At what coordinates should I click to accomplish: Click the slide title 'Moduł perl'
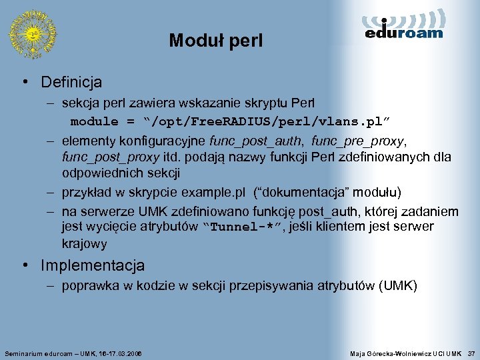pyautogui.click(x=216, y=41)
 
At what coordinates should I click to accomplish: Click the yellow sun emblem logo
pyautogui.click(x=32, y=33)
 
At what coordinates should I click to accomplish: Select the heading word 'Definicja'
pyautogui.click(x=71, y=83)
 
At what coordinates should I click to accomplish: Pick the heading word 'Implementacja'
pyautogui.click(x=93, y=265)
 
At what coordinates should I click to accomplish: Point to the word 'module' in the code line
pyautogui.click(x=94, y=122)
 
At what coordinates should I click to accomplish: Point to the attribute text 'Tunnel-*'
pyautogui.click(x=242, y=227)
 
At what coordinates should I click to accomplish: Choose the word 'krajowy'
pyautogui.click(x=84, y=244)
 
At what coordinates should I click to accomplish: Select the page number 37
pyautogui.click(x=471, y=352)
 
